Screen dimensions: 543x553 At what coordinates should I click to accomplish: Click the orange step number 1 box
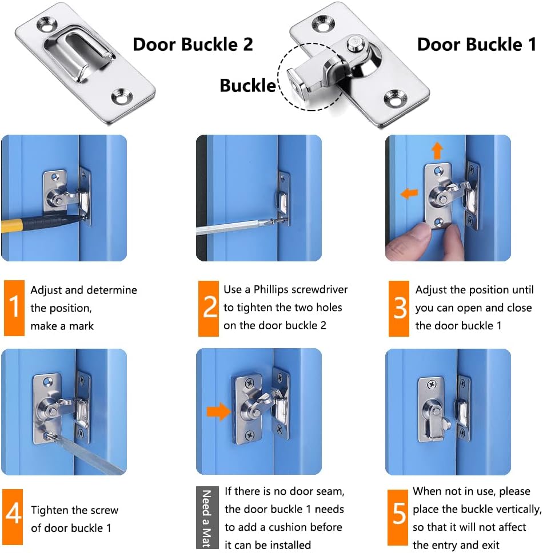pyautogui.click(x=14, y=308)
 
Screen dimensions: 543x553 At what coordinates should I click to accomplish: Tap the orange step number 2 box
pyautogui.click(x=209, y=308)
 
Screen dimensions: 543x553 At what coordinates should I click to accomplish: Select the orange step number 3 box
pyautogui.click(x=399, y=308)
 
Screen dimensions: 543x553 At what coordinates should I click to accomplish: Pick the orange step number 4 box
pyautogui.click(x=13, y=516)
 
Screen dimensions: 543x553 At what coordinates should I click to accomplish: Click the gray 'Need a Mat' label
pyautogui.click(x=206, y=518)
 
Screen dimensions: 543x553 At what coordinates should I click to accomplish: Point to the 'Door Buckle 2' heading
pyautogui.click(x=193, y=45)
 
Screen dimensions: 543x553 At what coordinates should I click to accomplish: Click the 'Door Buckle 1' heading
pyautogui.click(x=477, y=45)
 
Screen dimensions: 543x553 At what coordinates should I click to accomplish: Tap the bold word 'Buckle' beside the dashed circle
pyautogui.click(x=247, y=86)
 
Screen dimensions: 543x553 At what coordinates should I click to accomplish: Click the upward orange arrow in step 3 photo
pyautogui.click(x=437, y=151)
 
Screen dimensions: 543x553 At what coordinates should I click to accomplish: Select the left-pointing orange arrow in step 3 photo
pyautogui.click(x=409, y=193)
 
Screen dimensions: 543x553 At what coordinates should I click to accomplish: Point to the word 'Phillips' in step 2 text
pyautogui.click(x=271, y=289)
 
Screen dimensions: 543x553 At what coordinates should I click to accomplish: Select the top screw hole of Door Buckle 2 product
pyautogui.click(x=47, y=25)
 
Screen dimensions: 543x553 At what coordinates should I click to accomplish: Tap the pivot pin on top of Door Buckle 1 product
pyautogui.click(x=354, y=43)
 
